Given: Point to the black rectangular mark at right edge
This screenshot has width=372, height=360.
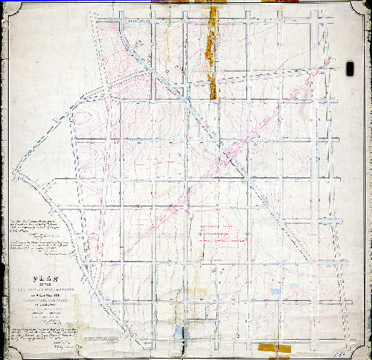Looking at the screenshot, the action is [x=351, y=69].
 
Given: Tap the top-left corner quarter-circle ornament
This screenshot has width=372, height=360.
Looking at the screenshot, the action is [x=7, y=6].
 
